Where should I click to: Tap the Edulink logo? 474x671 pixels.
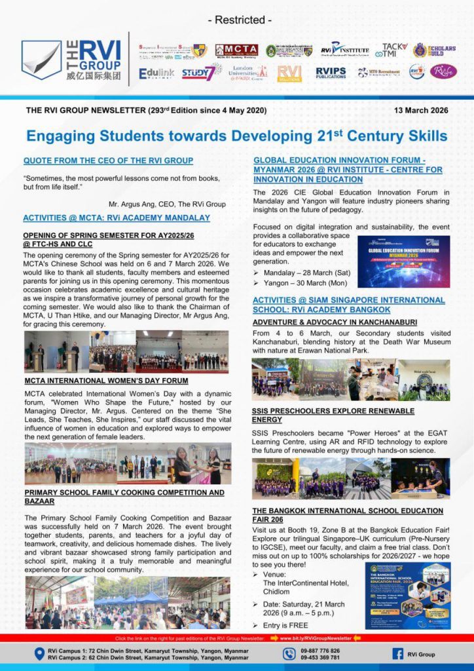pos(156,73)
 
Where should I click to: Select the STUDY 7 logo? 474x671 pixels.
pos(198,72)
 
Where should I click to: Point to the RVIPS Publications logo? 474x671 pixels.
pos(331,72)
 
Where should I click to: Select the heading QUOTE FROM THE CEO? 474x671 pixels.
pos(108,161)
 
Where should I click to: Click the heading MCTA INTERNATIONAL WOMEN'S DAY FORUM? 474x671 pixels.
pos(106,380)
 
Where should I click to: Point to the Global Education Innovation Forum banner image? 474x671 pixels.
pos(403,261)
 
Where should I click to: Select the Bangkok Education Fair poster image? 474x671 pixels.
pos(407,596)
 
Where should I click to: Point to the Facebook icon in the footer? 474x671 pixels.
pos(397,654)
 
